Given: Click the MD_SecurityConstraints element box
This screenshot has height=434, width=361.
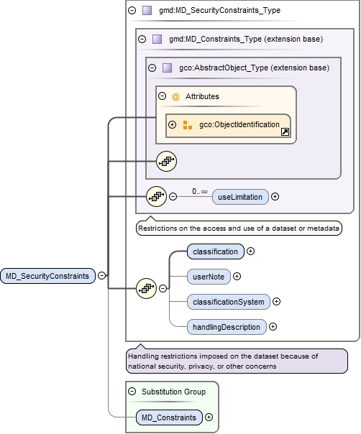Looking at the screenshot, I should [x=47, y=275].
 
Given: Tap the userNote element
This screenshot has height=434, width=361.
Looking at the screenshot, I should [x=206, y=276].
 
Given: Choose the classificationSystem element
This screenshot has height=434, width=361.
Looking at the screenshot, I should [x=227, y=301].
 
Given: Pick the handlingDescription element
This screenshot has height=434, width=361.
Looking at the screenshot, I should [x=226, y=326].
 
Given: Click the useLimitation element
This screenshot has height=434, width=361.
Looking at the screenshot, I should [x=240, y=196].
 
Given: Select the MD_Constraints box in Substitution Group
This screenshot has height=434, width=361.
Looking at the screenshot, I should [x=169, y=417].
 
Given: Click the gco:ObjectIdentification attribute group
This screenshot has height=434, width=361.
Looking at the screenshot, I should [x=228, y=126].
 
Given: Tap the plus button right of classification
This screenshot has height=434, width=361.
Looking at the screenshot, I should [x=251, y=251].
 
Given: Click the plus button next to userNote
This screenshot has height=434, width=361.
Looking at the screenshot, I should [x=237, y=276].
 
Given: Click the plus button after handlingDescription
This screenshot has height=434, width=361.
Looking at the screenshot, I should [x=273, y=326].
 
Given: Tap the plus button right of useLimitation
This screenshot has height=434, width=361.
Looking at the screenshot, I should [x=275, y=196].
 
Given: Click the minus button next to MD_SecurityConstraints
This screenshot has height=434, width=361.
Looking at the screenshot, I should [x=103, y=275].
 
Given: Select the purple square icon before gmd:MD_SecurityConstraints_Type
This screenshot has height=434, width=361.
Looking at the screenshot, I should [x=147, y=11].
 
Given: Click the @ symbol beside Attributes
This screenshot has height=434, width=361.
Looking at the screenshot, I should [x=175, y=96].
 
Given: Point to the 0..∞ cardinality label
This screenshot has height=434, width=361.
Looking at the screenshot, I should [x=201, y=191].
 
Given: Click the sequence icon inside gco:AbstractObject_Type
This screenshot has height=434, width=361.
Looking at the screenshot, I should [x=165, y=162].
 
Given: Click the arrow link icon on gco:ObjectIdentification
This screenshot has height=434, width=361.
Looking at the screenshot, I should [x=285, y=131].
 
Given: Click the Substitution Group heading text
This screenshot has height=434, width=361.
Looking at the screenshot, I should [x=173, y=392].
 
